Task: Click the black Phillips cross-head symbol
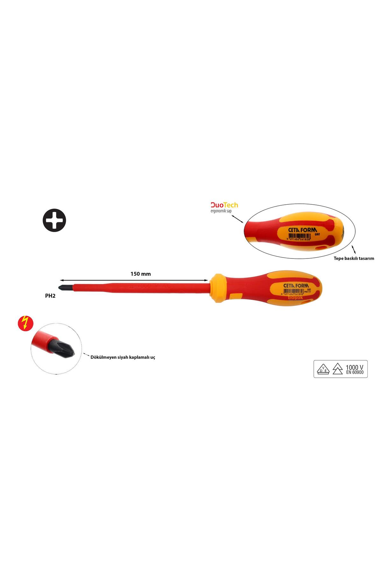point(54,220)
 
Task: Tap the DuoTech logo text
point(224,205)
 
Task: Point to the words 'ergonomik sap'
point(221,211)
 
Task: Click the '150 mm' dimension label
point(140,274)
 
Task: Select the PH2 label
point(50,295)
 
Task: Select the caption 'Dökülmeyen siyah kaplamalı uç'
point(123,357)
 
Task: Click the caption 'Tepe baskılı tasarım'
point(354,258)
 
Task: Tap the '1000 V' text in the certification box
point(354,367)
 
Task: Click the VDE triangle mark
point(323,369)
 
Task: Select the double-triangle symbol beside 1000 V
point(337,369)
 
